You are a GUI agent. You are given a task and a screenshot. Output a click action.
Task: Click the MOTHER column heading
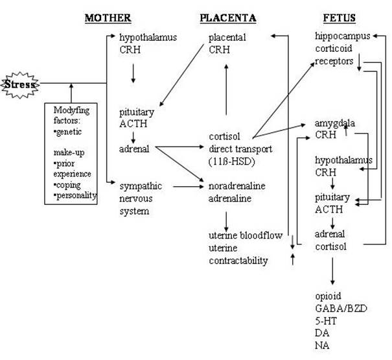pyautogui.click(x=108, y=18)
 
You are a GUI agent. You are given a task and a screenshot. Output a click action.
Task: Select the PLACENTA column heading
pyautogui.click(x=227, y=18)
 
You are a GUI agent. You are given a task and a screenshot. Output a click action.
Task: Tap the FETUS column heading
pyautogui.click(x=338, y=18)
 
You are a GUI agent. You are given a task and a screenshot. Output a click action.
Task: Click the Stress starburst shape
pyautogui.click(x=20, y=84)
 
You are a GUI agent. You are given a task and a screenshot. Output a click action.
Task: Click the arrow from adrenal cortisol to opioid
pyautogui.click(x=332, y=272)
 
